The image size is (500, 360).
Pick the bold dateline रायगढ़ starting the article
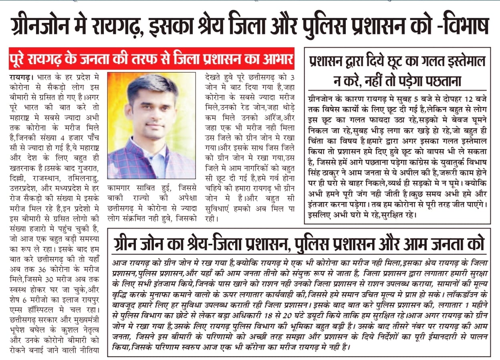point(21,76)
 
